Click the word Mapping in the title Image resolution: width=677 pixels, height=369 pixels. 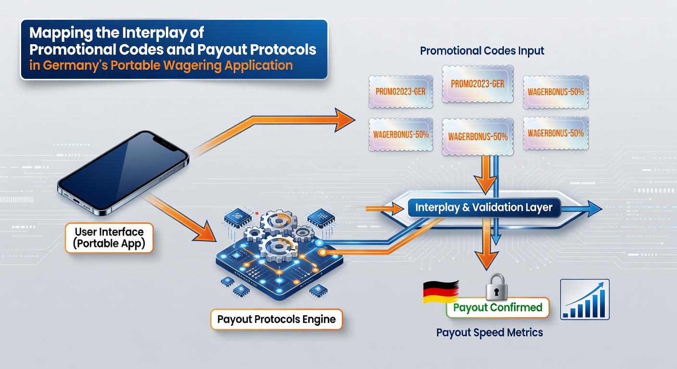point(61,33)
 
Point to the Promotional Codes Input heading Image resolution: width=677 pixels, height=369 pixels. point(482,51)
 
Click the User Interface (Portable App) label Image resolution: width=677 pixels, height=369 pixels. point(109,238)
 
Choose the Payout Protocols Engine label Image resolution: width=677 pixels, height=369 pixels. point(276,319)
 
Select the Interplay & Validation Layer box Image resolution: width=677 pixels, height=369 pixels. point(484,207)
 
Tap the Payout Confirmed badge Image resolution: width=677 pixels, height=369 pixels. point(498,307)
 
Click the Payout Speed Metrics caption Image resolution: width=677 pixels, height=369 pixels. point(489,332)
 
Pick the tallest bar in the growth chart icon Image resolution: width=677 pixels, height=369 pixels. point(602,303)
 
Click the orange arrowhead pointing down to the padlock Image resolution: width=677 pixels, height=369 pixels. point(486,260)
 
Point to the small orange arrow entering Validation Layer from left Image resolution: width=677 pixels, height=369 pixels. point(385,209)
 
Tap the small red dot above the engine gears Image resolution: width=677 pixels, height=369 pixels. point(257,213)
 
